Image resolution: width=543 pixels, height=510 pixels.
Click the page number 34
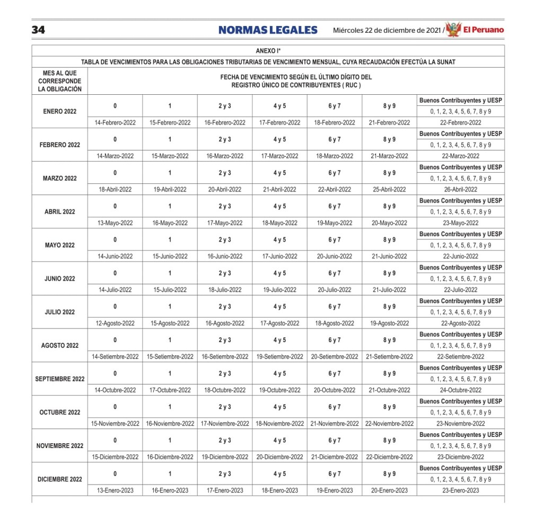click(38, 30)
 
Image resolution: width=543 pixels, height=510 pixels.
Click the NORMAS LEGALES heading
click(268, 30)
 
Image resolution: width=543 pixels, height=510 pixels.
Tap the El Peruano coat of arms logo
click(453, 30)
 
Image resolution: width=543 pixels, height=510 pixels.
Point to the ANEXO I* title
click(268, 51)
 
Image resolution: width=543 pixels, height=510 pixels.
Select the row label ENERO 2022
click(60, 111)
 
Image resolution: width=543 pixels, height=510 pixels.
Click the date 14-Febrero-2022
click(115, 122)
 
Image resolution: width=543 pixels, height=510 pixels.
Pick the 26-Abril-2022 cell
click(460, 189)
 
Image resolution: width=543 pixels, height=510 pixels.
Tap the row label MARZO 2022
click(60, 178)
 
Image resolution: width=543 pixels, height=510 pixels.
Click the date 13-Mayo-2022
click(115, 223)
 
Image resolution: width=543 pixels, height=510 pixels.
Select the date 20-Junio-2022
click(334, 256)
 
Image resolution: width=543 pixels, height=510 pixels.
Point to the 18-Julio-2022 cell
click(225, 290)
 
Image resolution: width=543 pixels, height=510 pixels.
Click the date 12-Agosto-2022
click(115, 323)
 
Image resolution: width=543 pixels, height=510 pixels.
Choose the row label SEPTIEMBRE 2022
click(60, 379)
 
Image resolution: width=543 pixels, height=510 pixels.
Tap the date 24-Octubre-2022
click(460, 390)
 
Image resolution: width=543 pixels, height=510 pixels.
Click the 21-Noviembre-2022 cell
click(334, 424)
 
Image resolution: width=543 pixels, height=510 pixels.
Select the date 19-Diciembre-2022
click(225, 457)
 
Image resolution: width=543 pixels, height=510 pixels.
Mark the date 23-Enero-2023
click(460, 490)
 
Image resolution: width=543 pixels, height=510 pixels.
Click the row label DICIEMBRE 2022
click(60, 479)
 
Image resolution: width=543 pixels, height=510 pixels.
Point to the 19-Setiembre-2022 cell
click(279, 356)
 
